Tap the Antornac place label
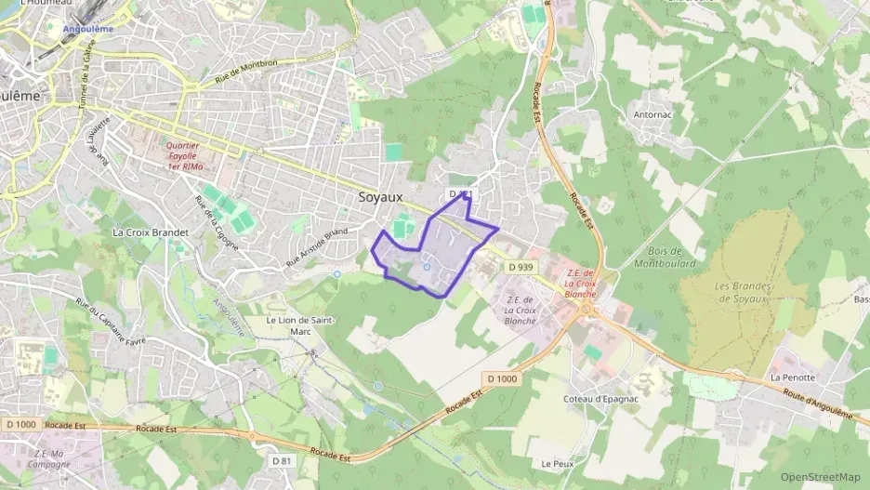pos(658,114)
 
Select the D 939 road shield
pos(521,267)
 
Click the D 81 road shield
pos(282,460)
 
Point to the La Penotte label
pos(792,377)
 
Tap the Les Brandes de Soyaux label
pos(742,292)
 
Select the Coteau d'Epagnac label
pos(601,398)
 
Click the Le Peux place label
pos(558,463)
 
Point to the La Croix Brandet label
pos(150,232)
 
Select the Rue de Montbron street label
pos(246,74)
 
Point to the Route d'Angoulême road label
pos(820,406)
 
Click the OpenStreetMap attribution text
pos(820,477)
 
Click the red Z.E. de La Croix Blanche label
pos(581,283)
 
